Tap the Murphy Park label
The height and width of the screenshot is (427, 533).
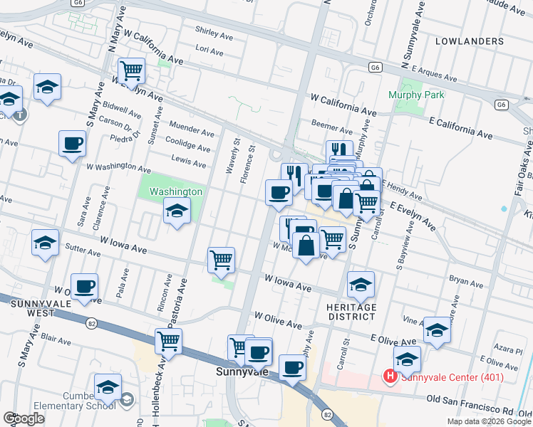[x=416, y=95]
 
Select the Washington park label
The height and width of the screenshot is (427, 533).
[x=176, y=191]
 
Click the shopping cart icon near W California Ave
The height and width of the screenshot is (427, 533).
[x=131, y=70]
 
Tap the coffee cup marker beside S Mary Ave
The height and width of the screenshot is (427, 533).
[x=72, y=144]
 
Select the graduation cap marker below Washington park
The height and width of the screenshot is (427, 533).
[x=177, y=211]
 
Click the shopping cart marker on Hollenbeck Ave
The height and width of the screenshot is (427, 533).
[x=168, y=341]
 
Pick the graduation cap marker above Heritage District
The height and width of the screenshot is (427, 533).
[x=361, y=284]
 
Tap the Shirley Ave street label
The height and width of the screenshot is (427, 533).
[x=214, y=35]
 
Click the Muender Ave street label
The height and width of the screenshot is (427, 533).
[x=191, y=132]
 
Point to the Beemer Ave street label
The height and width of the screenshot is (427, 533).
[x=332, y=132]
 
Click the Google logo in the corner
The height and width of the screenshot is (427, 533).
[x=24, y=418]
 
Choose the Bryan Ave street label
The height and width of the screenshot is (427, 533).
[x=466, y=283]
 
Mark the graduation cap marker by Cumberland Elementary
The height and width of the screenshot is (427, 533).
[x=108, y=387]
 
